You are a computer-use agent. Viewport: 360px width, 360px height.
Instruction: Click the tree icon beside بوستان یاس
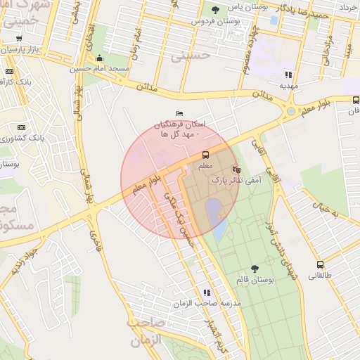[x=215, y=9]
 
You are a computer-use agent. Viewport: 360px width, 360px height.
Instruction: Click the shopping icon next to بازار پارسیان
[x=19, y=39]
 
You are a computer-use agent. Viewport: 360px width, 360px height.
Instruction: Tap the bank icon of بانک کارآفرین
[x=10, y=71]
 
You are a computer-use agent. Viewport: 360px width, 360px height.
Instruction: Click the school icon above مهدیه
[x=288, y=74]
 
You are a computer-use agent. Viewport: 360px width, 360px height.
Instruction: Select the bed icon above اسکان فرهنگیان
[x=179, y=113]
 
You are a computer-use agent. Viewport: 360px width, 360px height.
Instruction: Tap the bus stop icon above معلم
[x=206, y=155]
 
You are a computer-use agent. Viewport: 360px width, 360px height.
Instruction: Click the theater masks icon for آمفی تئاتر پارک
[x=236, y=169]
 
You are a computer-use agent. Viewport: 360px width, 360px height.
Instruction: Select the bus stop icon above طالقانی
[x=321, y=265]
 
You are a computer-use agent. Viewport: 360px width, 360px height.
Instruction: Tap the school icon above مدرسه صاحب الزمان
[x=207, y=292]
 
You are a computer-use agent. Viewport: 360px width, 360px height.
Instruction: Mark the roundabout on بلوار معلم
[x=290, y=110]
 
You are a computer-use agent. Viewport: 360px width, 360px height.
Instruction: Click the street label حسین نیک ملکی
[x=176, y=210]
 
